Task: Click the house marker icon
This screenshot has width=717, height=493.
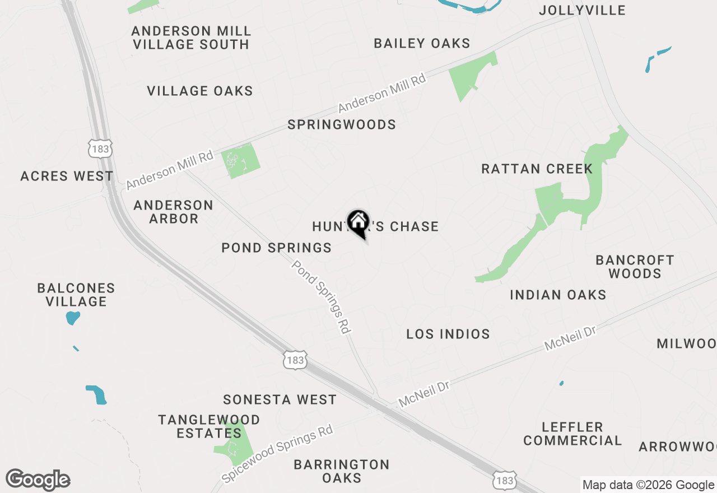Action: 358,223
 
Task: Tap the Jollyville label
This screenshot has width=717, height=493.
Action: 582,10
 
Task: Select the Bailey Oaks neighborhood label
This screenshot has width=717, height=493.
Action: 422,44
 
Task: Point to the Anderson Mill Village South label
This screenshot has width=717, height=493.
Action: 190,38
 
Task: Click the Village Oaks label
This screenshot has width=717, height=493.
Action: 200,91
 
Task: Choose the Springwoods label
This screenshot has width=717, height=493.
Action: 342,125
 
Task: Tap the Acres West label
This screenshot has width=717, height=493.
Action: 67,176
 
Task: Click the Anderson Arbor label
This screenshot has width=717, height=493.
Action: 174,212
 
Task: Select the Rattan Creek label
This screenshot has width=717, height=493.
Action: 537,169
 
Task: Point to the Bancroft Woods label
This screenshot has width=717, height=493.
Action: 635,267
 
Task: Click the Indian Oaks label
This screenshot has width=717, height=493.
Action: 558,295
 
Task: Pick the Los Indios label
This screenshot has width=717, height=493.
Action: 448,334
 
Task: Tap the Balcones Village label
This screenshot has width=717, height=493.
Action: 76,295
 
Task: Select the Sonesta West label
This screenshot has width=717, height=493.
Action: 280,399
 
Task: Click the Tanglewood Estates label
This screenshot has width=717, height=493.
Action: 209,426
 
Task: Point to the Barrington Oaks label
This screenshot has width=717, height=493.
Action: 342,471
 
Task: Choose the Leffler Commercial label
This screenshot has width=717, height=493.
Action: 572,434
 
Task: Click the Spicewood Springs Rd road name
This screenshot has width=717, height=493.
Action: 278,454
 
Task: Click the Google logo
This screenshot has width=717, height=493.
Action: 38,480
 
